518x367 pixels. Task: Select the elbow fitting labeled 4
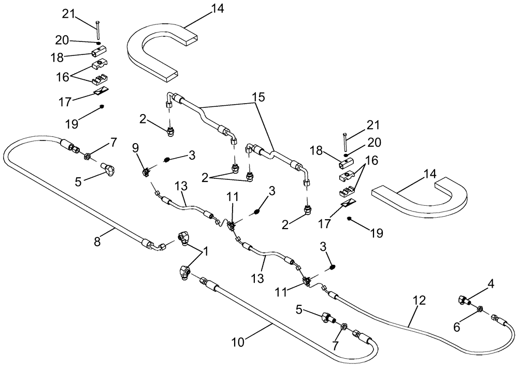click(x=464, y=299)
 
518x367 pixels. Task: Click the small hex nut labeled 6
click(x=478, y=309)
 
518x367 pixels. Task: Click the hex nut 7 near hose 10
click(x=342, y=328)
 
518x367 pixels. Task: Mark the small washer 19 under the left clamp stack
click(x=102, y=107)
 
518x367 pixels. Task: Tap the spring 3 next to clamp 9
click(x=167, y=160)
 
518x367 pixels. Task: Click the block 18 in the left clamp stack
click(x=98, y=53)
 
